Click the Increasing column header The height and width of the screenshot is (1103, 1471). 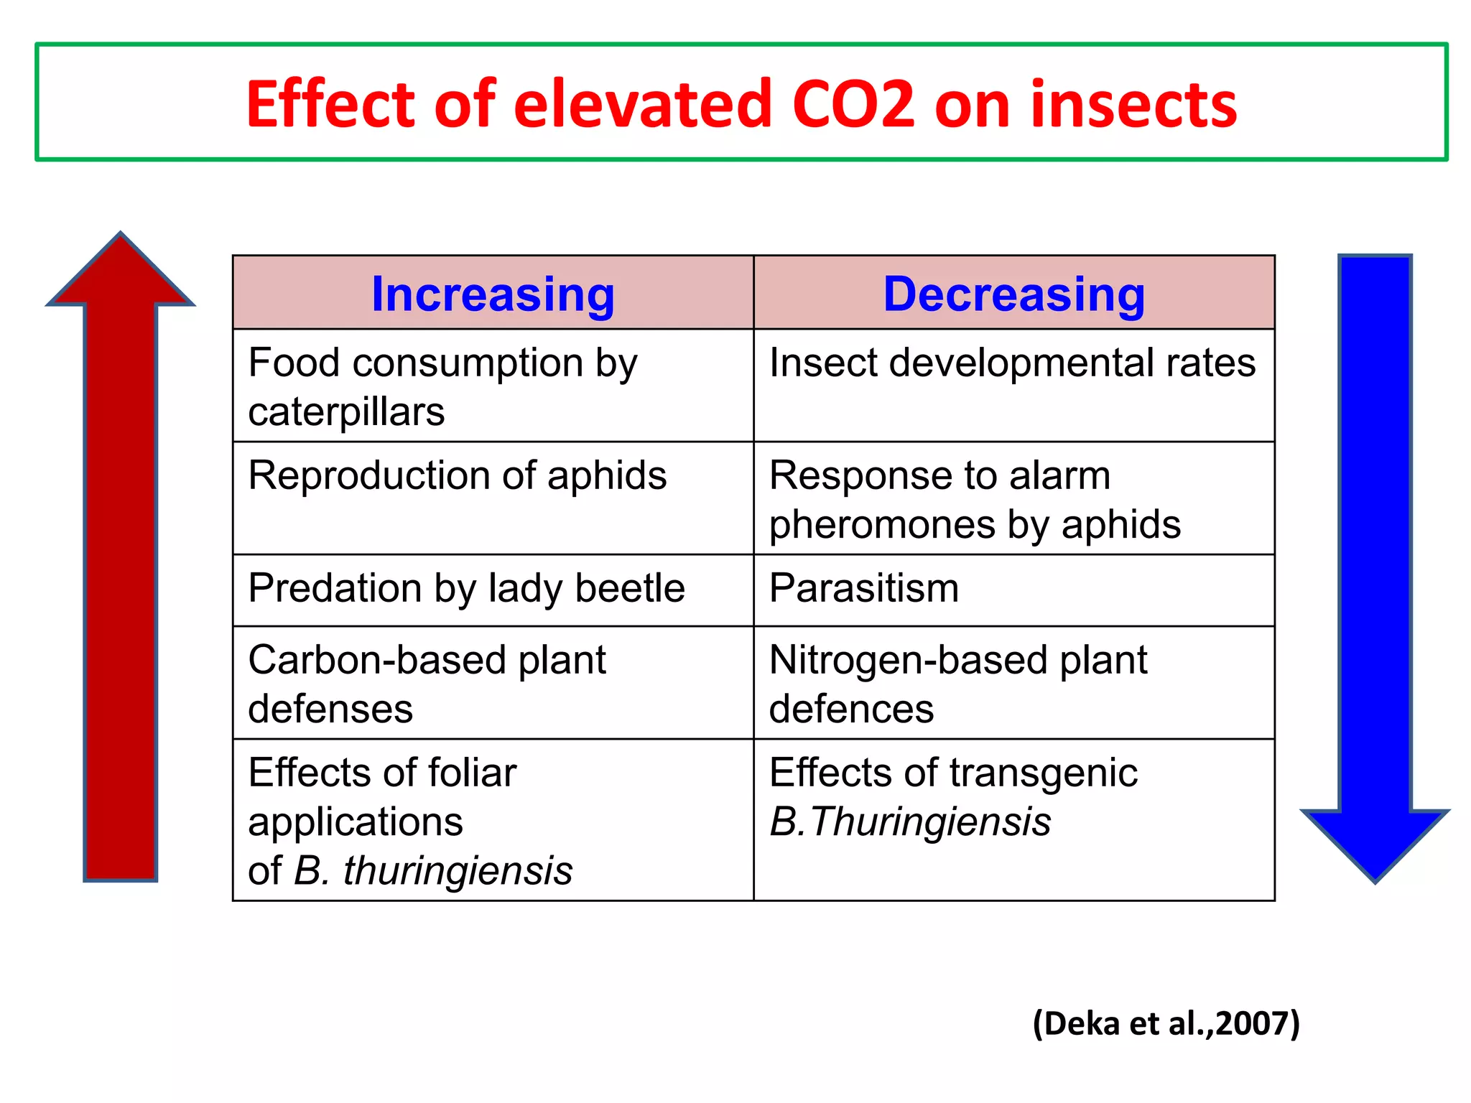(x=493, y=294)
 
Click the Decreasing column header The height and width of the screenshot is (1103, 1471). (x=1013, y=294)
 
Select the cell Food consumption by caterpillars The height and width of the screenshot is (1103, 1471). (x=442, y=386)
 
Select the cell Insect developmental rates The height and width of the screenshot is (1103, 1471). (x=1012, y=363)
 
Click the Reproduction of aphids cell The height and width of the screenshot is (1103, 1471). (x=457, y=476)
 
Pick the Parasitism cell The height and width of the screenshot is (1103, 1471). (x=863, y=589)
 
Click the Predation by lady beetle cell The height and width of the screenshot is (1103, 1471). (x=466, y=589)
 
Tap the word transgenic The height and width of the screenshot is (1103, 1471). (x=1043, y=773)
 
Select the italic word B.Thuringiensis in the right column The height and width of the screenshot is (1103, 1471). (x=909, y=822)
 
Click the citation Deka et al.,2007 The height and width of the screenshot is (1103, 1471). (x=1166, y=1023)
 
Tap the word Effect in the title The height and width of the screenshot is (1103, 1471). (x=330, y=105)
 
